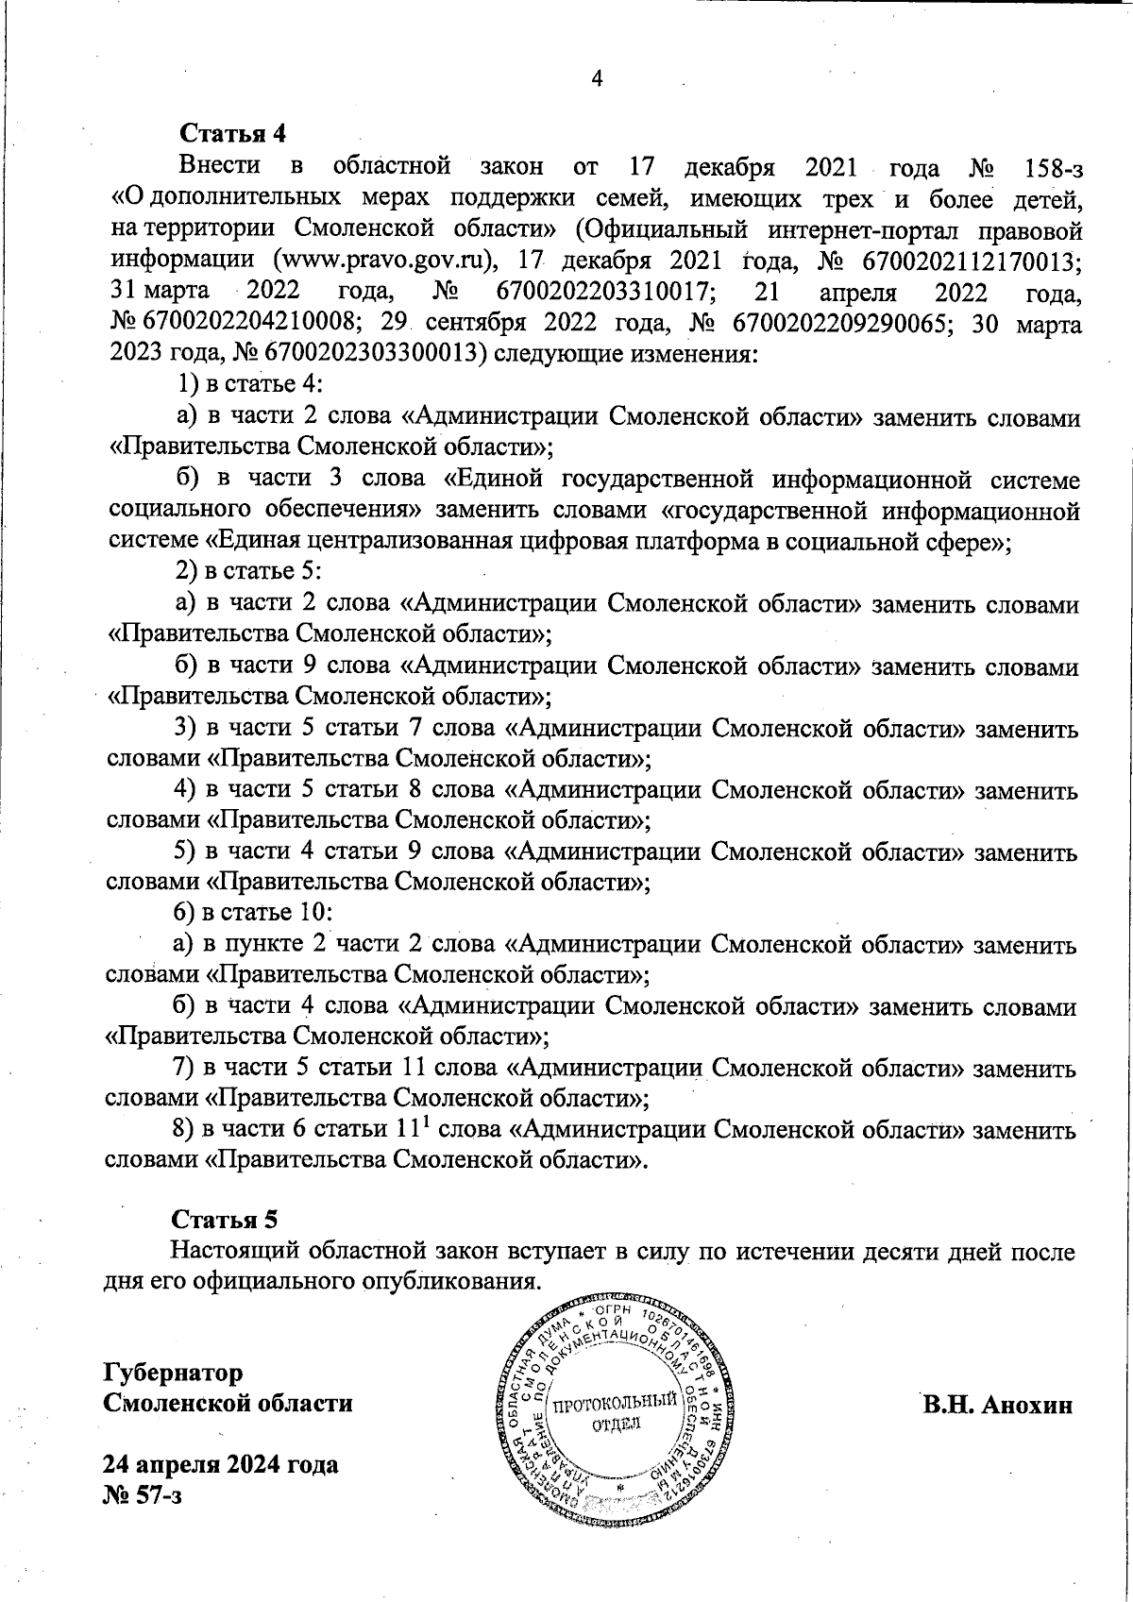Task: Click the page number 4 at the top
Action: tap(597, 78)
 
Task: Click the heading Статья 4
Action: tap(231, 132)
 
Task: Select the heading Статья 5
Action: tap(223, 1219)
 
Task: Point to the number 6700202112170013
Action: tap(965, 261)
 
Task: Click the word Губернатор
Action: tap(173, 1371)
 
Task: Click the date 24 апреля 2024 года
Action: tap(221, 1465)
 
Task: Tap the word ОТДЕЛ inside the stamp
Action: tap(615, 1424)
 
